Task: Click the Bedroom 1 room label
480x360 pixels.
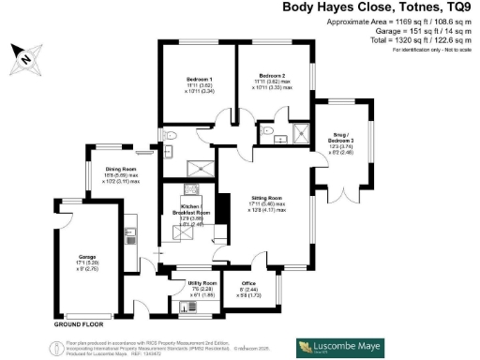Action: coord(197,80)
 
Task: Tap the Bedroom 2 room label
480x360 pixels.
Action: coord(272,75)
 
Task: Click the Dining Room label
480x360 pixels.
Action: coord(123,170)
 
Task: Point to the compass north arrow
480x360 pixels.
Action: coord(25,61)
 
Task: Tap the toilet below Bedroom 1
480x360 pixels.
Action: coord(170,137)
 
